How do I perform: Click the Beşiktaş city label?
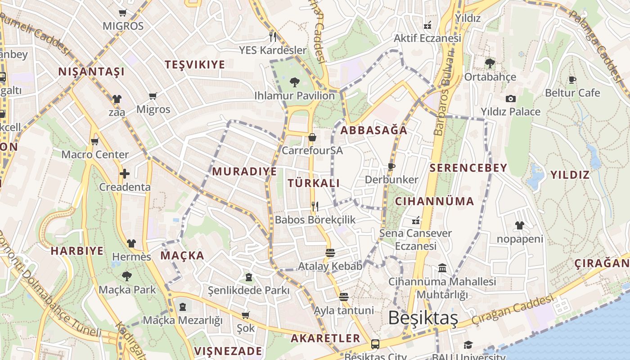point(423,318)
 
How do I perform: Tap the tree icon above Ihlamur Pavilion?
point(295,82)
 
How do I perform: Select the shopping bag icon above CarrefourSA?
point(312,137)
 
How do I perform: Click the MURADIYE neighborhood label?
point(244,171)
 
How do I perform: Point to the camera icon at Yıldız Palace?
point(510,99)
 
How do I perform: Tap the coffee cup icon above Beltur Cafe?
point(572,80)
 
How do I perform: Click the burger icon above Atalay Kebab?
point(330,252)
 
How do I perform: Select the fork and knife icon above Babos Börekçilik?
point(315,207)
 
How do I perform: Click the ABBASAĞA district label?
point(374,130)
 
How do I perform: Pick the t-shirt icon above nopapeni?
point(520,225)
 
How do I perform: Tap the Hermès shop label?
point(131,257)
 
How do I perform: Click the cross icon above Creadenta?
point(125,173)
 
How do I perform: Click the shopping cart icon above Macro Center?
point(94,142)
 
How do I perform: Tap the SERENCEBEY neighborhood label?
point(468,168)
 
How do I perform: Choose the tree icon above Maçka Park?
point(127,276)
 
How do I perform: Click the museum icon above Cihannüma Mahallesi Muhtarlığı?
point(442,268)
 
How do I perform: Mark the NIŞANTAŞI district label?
point(91,72)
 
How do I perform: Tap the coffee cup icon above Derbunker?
point(391,166)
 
